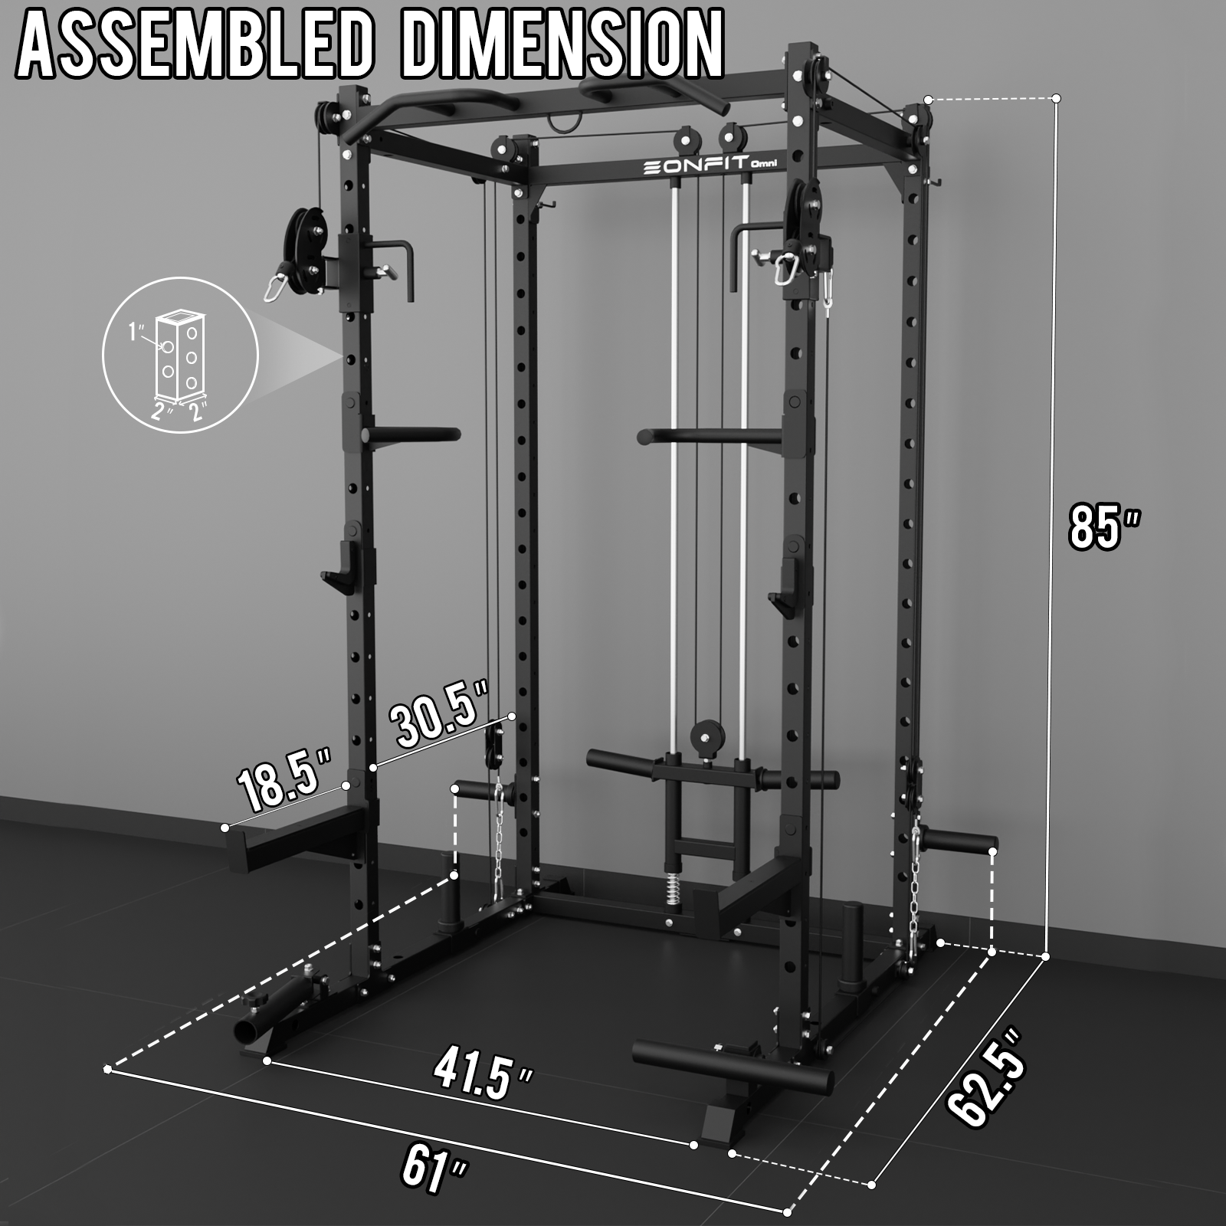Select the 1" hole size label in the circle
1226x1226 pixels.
137,331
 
